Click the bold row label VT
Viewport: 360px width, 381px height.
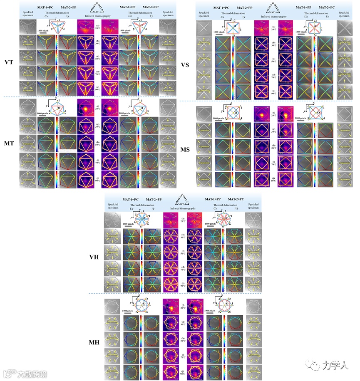8,62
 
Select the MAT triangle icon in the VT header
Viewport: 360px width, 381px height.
98,7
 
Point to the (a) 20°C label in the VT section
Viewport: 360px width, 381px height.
98,27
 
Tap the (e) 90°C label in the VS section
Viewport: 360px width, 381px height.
273,91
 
